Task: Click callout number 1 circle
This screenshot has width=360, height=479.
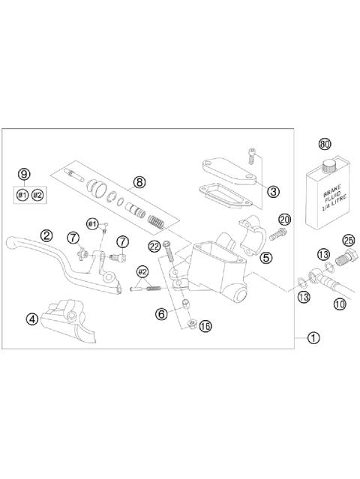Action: pos(313,338)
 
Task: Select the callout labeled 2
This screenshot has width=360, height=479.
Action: pos(46,235)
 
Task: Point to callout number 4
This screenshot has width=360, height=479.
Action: pos(31,319)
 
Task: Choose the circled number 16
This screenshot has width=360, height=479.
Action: pos(205,326)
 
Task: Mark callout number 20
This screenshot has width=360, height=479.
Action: pos(284,220)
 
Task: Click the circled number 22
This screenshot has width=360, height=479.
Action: pos(153,246)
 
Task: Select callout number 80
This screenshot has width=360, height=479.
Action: pos(325,144)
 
